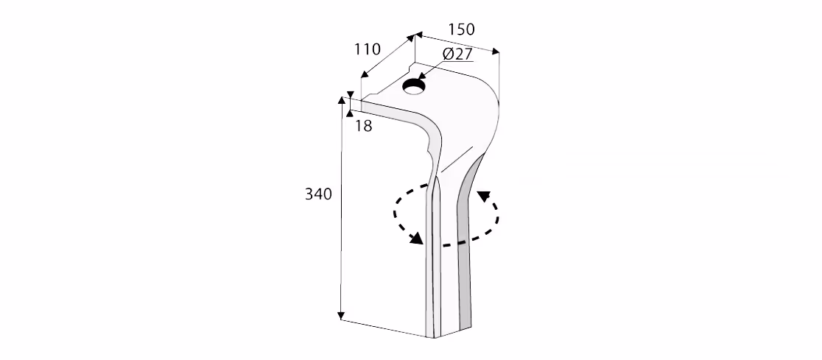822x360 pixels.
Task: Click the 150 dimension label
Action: click(x=461, y=29)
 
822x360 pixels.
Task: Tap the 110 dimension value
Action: click(x=367, y=49)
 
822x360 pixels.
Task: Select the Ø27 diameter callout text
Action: click(x=457, y=54)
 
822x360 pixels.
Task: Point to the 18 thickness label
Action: click(x=363, y=126)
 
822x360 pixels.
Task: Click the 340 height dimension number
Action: click(x=319, y=194)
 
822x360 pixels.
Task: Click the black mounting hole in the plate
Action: click(x=415, y=87)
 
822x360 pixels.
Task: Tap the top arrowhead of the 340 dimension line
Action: click(x=342, y=100)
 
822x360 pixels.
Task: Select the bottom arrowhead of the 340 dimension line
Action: click(x=341, y=315)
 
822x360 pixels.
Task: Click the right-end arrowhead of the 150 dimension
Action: click(x=496, y=52)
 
